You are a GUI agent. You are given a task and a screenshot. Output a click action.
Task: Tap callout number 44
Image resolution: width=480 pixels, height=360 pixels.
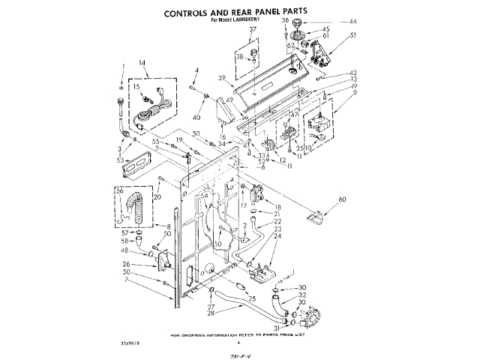pyautogui.click(x=352, y=22)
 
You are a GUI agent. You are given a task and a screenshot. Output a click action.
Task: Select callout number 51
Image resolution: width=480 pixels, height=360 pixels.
pyautogui.click(x=352, y=34)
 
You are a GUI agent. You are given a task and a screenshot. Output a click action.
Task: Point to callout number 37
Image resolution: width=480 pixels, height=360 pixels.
pyautogui.click(x=253, y=29)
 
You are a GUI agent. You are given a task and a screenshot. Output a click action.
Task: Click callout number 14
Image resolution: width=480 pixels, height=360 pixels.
pyautogui.click(x=142, y=63)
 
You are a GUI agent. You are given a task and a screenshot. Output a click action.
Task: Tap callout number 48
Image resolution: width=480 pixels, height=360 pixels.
pyautogui.click(x=124, y=250)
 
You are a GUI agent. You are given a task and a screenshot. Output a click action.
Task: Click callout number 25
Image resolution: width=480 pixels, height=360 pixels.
pyautogui.click(x=252, y=299)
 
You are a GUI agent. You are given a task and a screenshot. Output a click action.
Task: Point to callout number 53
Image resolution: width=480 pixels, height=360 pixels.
pyautogui.click(x=120, y=160)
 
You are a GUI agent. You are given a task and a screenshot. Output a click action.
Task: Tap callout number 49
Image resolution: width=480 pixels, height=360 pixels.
pyautogui.click(x=229, y=100)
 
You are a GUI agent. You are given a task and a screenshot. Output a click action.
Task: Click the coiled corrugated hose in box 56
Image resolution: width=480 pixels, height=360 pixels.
pyautogui.click(x=136, y=206)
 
